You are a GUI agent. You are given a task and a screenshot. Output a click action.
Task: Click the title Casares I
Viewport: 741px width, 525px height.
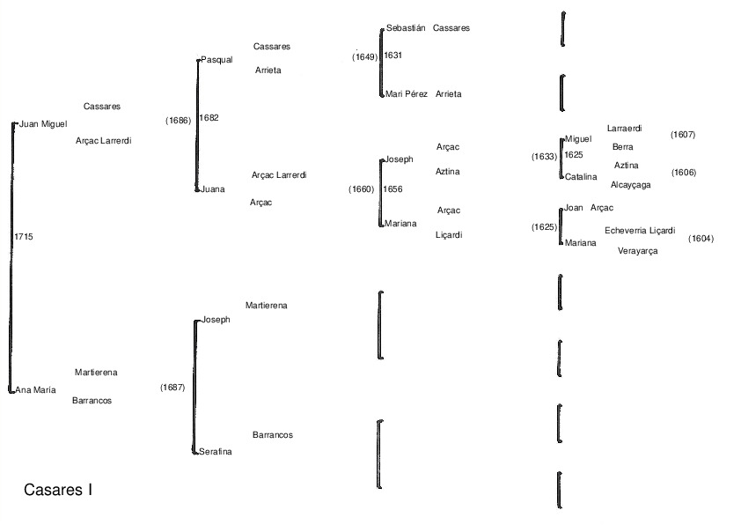click(58, 490)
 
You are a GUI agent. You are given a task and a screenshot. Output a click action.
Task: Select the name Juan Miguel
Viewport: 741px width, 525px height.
click(43, 124)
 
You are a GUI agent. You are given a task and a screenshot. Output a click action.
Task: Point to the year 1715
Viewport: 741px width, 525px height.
click(24, 237)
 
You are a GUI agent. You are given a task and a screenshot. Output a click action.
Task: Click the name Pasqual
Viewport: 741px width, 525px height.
click(216, 60)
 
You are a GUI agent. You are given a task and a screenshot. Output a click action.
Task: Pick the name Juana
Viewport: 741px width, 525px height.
click(213, 189)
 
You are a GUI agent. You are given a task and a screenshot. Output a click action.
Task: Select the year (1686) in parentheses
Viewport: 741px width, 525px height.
click(178, 121)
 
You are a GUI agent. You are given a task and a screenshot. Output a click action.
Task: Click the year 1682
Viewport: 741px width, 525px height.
click(209, 117)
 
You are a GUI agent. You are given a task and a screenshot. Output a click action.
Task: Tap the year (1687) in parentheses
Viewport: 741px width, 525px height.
click(172, 387)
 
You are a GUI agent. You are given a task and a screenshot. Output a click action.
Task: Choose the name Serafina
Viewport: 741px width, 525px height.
click(216, 451)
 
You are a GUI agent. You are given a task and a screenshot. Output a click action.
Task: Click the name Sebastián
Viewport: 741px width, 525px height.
click(406, 28)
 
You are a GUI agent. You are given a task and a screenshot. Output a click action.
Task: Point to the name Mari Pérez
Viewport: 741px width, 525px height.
click(407, 93)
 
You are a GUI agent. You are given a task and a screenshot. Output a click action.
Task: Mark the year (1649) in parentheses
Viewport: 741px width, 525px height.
click(364, 57)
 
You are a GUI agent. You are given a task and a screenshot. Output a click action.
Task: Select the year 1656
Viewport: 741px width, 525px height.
click(393, 189)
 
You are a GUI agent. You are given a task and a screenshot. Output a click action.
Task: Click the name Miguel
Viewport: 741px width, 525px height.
click(578, 138)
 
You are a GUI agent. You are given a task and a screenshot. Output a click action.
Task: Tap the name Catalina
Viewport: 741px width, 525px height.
click(581, 176)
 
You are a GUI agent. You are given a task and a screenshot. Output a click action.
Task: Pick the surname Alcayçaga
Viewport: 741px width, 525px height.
click(630, 185)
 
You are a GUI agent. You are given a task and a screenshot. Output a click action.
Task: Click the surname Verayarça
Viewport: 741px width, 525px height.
click(637, 251)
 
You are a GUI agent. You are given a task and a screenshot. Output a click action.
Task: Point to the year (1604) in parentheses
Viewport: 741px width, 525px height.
click(701, 239)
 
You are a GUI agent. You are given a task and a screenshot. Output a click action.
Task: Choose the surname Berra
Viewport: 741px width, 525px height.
click(622, 147)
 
